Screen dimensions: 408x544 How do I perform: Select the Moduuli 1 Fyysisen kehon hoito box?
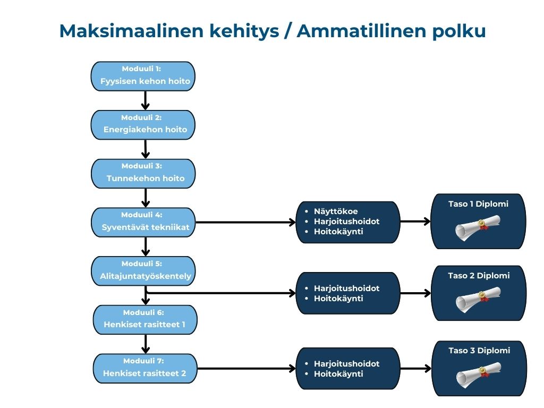click(x=143, y=76)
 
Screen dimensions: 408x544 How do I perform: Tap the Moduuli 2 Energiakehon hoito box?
click(x=143, y=124)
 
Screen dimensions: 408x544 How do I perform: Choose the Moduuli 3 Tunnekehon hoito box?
click(x=143, y=173)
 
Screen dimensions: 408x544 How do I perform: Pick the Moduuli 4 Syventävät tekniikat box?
click(x=143, y=222)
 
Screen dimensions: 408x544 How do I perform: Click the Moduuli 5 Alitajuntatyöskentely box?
click(x=143, y=271)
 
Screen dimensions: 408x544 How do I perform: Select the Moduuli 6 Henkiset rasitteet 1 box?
click(x=144, y=319)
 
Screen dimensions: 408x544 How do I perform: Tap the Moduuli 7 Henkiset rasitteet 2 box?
click(x=144, y=368)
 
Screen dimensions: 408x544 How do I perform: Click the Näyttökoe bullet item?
click(x=336, y=211)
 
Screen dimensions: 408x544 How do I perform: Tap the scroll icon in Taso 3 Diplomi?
click(x=478, y=375)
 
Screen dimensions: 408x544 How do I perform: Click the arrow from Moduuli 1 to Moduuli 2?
click(x=146, y=100)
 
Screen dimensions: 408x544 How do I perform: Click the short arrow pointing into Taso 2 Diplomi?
click(x=415, y=293)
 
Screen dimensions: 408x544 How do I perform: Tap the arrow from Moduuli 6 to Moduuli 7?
click(x=146, y=344)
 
